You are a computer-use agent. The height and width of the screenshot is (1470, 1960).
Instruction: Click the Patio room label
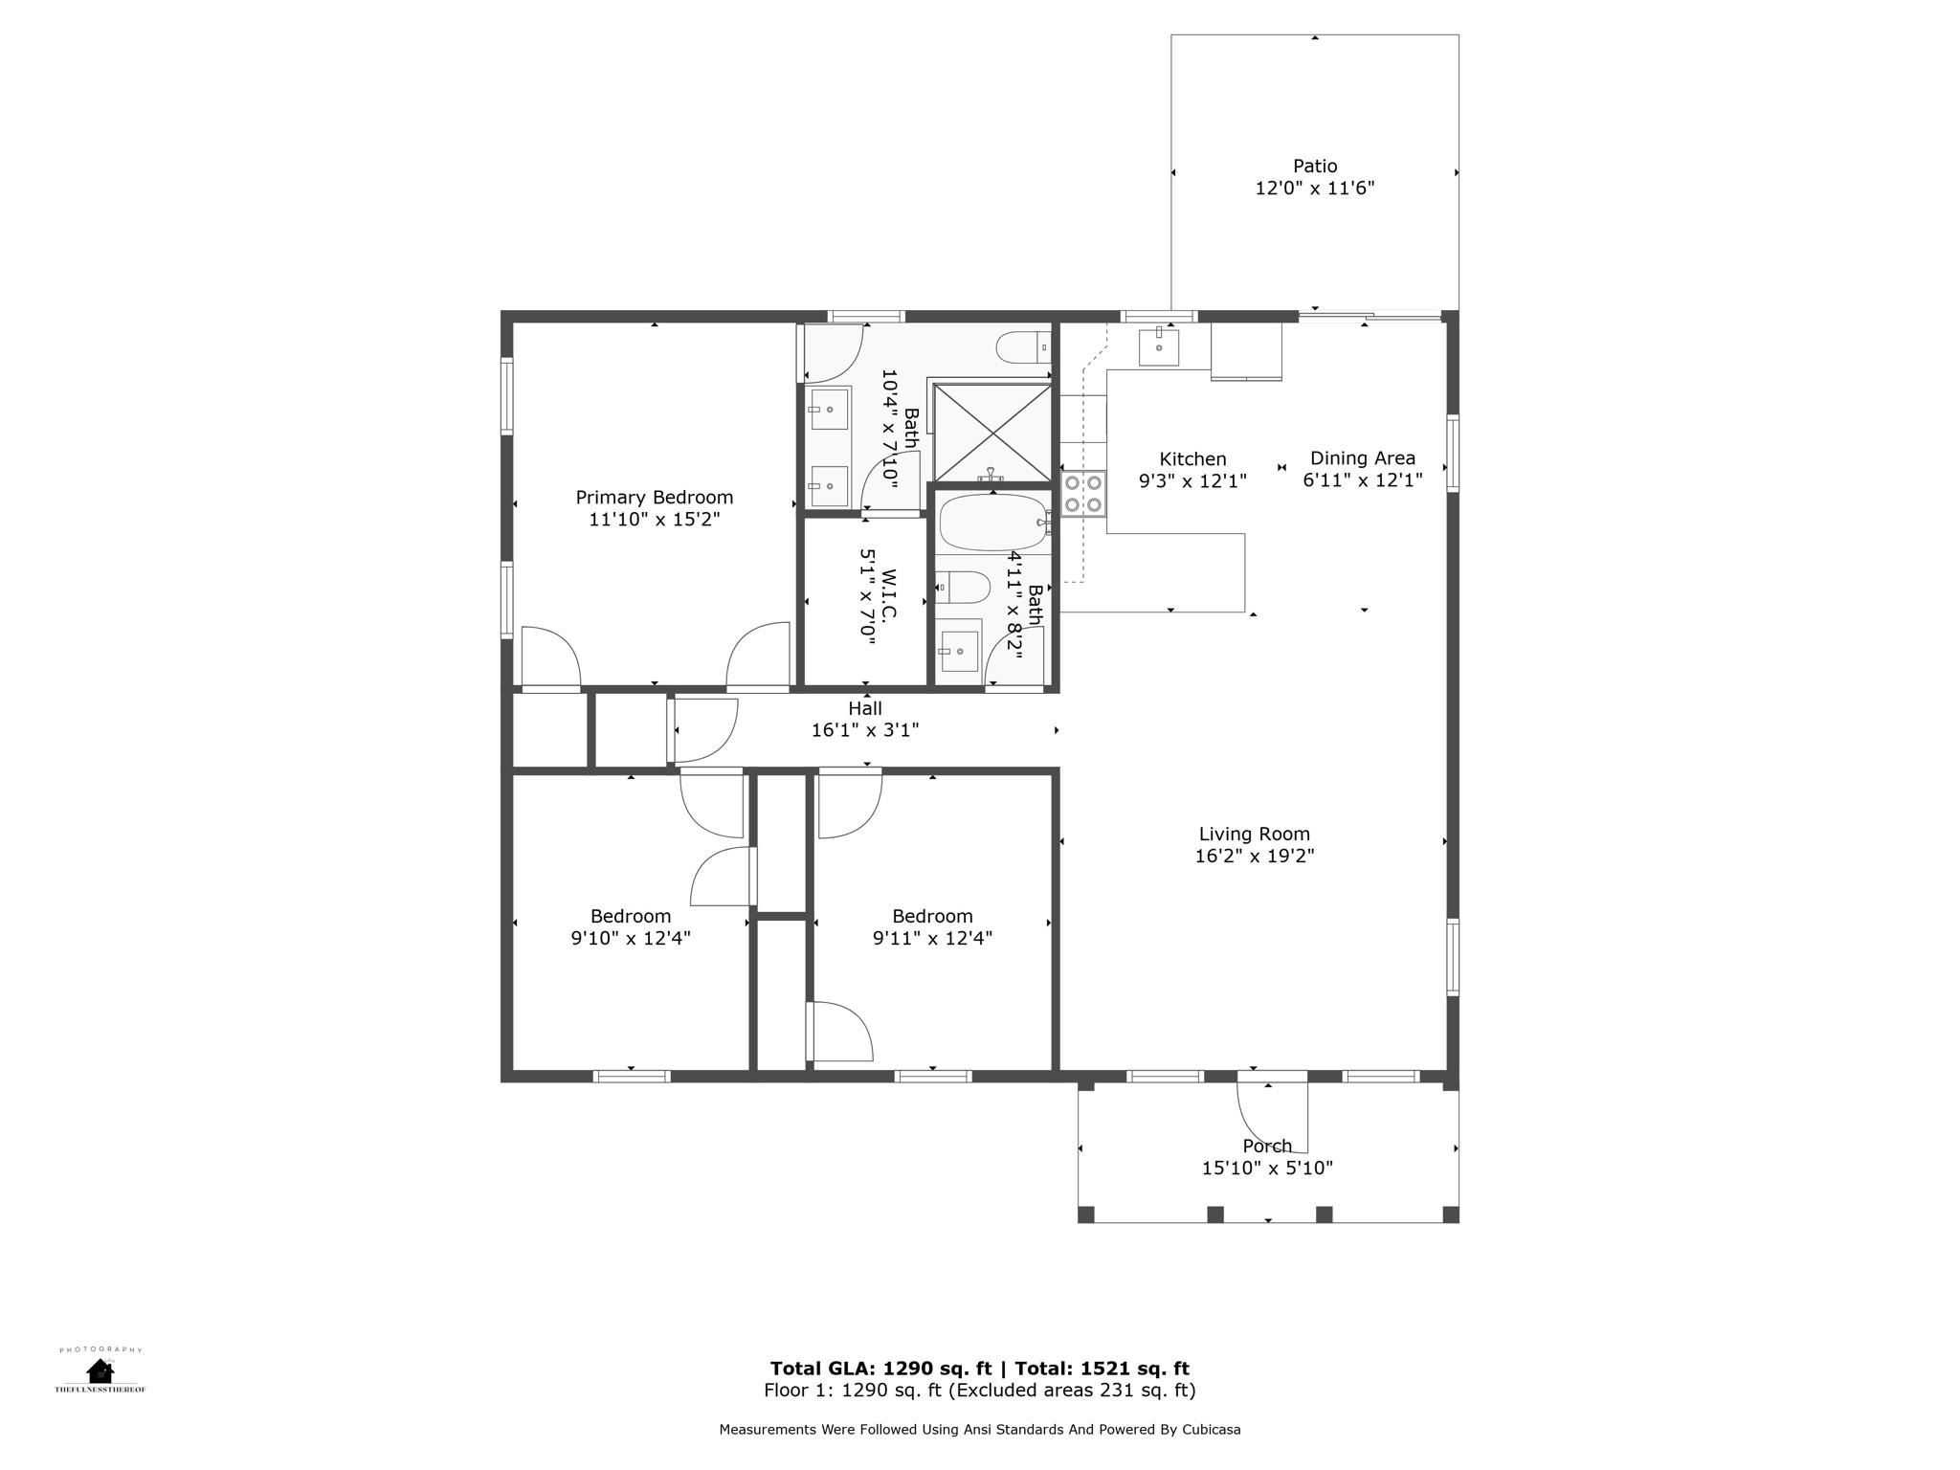pos(1314,167)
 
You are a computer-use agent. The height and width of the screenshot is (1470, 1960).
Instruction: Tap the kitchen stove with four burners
pos(1082,494)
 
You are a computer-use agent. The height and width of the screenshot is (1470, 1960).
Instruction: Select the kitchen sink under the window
pos(1158,346)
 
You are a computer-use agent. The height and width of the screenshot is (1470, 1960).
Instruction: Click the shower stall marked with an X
pos(992,433)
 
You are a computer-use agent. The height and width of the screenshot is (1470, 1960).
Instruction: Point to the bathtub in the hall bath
pos(993,523)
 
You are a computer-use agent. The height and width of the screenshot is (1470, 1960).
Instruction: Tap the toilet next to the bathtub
pos(963,587)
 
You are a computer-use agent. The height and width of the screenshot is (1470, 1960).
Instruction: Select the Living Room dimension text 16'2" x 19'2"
pos(1254,857)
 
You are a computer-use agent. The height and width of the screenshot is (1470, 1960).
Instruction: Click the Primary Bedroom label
pos(654,498)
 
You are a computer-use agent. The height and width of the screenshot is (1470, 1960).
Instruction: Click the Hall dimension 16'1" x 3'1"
pos(864,730)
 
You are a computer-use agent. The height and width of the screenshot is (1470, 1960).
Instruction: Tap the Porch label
pos(1267,1146)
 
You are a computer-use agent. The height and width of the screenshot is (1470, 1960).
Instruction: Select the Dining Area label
pos(1362,458)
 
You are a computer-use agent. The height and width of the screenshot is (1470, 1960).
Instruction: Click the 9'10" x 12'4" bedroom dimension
pos(630,938)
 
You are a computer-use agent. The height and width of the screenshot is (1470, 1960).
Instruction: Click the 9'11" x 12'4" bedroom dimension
pos(931,938)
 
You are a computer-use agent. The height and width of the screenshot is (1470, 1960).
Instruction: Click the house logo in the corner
pos(100,1370)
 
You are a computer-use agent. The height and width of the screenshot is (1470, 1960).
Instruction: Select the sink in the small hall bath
pos(958,651)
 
